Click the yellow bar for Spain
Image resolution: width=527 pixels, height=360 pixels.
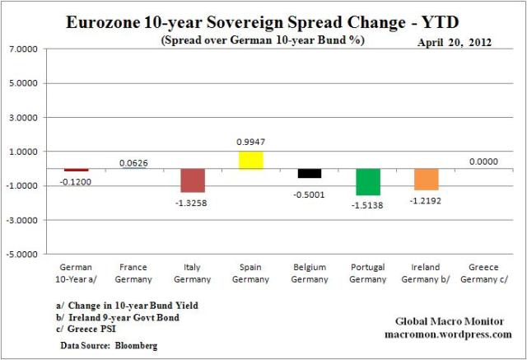(x=251, y=160)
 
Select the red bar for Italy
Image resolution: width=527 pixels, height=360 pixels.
(x=193, y=180)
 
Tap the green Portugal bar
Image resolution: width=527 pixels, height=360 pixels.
(x=368, y=181)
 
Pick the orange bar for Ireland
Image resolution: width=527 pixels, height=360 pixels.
(x=427, y=179)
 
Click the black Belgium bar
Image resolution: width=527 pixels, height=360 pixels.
(x=310, y=173)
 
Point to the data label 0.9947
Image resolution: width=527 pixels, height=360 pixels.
(x=251, y=143)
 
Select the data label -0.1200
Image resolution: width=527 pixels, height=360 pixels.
(x=76, y=180)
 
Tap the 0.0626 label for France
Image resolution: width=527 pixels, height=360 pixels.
(x=134, y=163)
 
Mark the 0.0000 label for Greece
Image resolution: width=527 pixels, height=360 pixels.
(x=485, y=162)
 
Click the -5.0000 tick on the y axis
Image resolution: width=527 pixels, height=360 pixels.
(x=25, y=255)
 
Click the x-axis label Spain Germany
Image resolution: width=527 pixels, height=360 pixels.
(x=251, y=272)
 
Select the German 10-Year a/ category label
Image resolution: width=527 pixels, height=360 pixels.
(x=76, y=272)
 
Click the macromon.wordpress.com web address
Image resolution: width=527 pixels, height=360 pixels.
(x=448, y=334)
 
